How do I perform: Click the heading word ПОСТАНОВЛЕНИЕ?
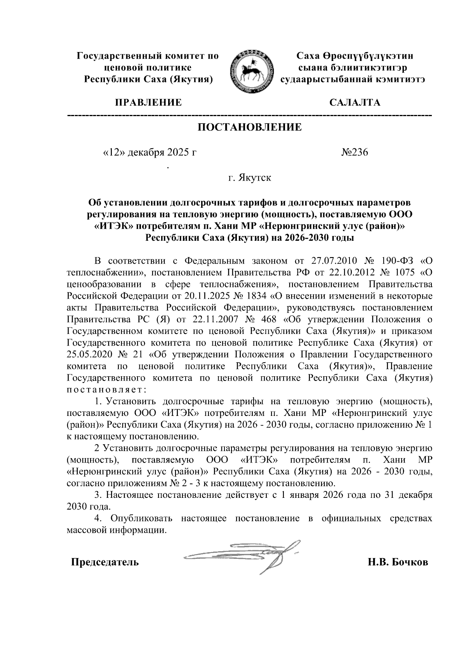pos(249,127)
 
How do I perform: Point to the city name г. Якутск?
pos(249,178)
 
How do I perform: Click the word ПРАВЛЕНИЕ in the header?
pos(148,103)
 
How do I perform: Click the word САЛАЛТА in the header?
pos(354,103)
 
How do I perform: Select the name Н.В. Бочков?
pos(398,562)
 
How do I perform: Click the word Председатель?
pos(104,562)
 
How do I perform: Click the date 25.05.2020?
pos(89,355)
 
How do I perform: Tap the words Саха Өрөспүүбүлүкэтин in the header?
pos(354,56)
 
